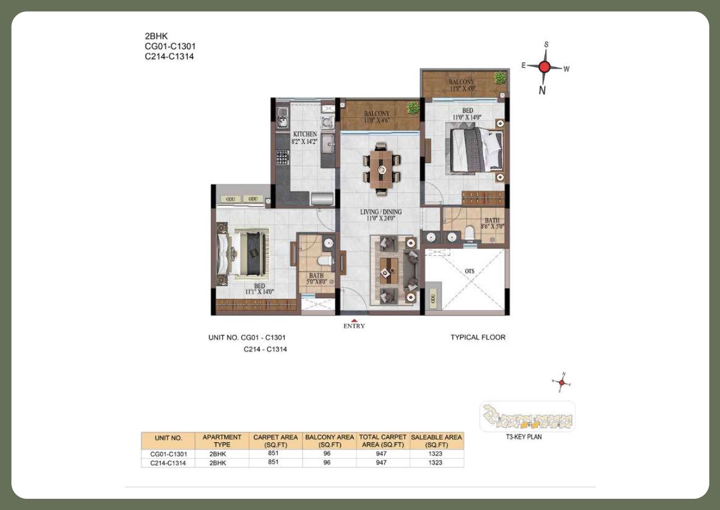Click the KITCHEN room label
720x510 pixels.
(305, 134)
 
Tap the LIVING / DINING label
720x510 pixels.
(381, 212)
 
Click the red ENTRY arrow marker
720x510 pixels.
(354, 320)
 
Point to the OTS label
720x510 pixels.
(469, 272)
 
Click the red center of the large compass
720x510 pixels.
(544, 67)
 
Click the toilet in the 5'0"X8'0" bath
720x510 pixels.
(323, 261)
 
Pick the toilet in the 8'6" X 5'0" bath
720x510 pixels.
(470, 231)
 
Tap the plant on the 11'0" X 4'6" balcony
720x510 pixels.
(413, 108)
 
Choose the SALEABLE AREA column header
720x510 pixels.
(436, 440)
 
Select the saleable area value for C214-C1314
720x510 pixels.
(436, 463)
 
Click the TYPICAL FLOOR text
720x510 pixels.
(477, 337)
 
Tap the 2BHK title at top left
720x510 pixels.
(156, 36)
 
